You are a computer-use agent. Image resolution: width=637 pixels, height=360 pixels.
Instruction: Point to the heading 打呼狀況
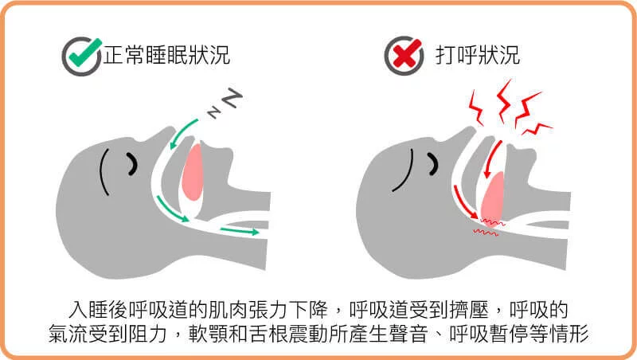(x=478, y=55)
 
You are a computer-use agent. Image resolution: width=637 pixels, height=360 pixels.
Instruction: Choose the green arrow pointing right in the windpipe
(x=239, y=231)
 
